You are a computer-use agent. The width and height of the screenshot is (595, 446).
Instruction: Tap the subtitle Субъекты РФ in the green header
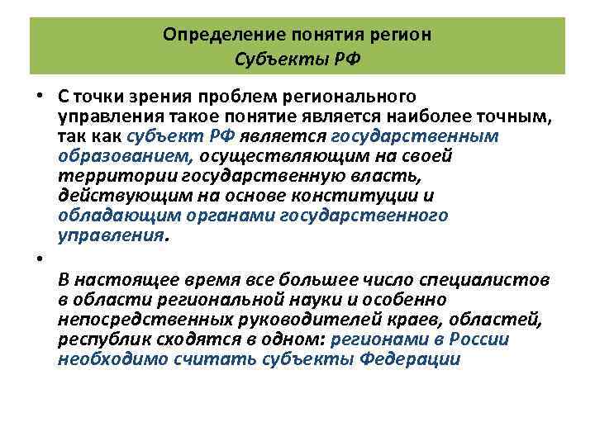click(297, 59)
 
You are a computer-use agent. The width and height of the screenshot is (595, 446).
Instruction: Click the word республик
click(96, 339)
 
